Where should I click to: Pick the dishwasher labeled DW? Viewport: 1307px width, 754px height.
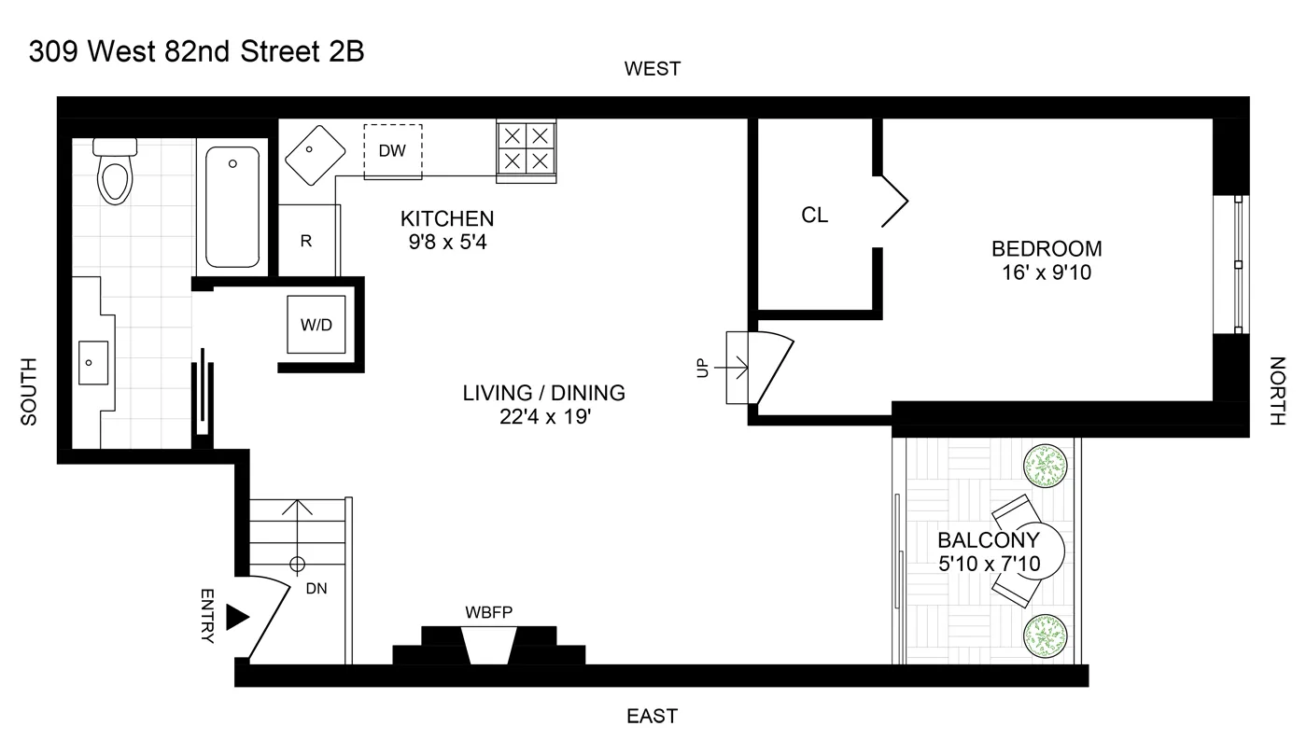(x=392, y=149)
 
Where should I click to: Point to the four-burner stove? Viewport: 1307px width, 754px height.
(x=525, y=147)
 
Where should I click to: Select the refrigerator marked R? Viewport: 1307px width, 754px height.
(x=305, y=241)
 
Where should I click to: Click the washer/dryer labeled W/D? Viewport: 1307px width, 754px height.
(x=316, y=325)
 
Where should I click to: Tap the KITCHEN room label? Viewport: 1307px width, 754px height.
(x=446, y=219)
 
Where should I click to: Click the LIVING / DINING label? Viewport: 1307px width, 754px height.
(x=543, y=393)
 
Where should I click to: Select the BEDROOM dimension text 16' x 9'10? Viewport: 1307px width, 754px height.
(x=1047, y=273)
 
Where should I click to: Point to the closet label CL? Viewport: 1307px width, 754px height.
(x=814, y=216)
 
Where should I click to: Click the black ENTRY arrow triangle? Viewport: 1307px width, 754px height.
(x=238, y=617)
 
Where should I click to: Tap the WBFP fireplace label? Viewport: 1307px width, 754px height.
(x=489, y=612)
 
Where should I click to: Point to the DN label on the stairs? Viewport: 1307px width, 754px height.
(x=316, y=589)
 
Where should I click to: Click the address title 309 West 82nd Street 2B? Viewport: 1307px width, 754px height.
(x=196, y=52)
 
